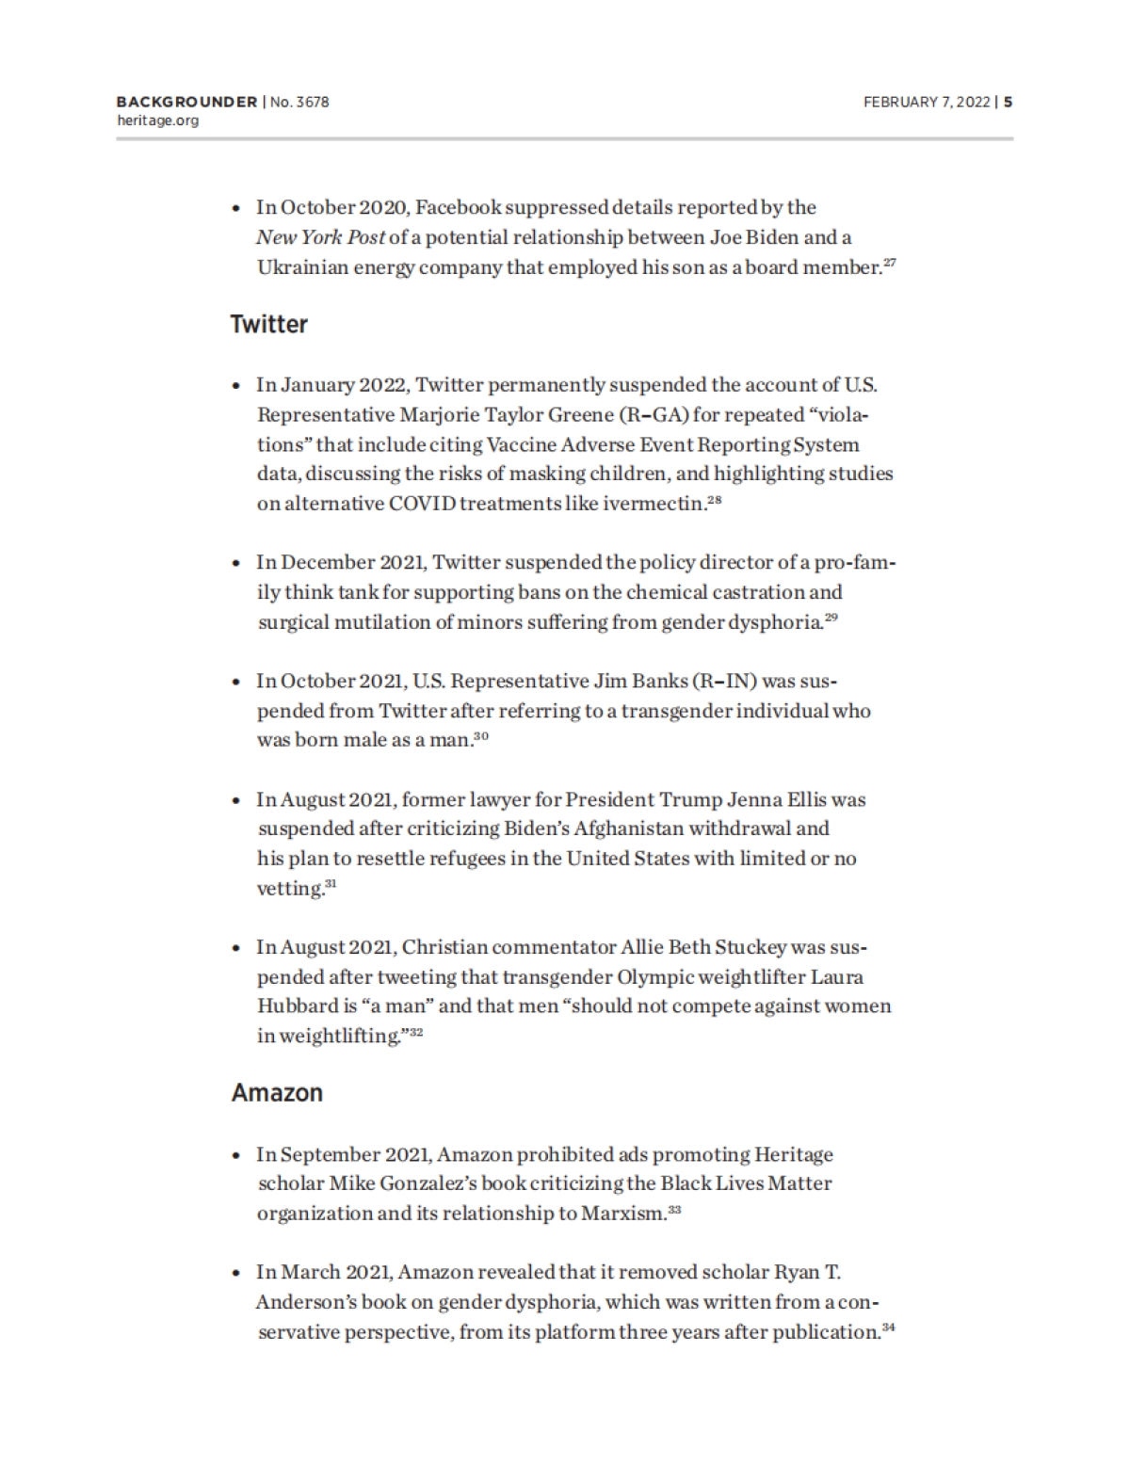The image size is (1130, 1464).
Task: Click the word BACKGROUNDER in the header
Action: [186, 102]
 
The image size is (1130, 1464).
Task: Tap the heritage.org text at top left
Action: [157, 121]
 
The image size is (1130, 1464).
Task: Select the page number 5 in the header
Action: [1008, 102]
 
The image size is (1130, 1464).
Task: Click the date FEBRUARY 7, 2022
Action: [926, 102]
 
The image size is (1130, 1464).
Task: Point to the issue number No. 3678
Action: [299, 102]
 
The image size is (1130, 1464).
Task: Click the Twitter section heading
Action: [269, 324]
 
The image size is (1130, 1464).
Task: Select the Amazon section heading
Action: [277, 1092]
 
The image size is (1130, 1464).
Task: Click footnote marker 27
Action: [889, 264]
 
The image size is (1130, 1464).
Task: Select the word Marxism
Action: [623, 1213]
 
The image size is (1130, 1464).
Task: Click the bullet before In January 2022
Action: [236, 386]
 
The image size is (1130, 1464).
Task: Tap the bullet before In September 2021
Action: [236, 1155]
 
